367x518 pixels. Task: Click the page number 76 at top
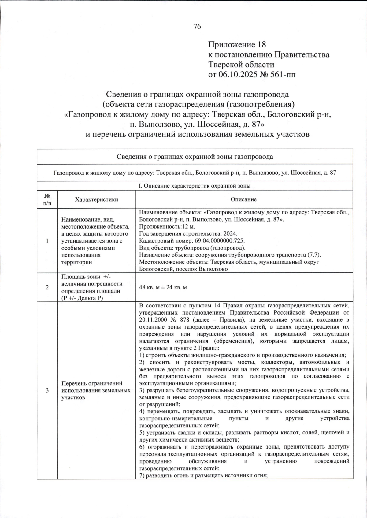(197, 27)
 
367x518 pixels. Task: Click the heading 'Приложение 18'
(237, 45)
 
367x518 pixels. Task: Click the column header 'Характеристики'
(96, 199)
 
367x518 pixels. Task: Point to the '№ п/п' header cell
(47, 199)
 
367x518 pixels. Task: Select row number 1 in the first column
(47, 241)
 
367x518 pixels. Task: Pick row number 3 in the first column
(47, 390)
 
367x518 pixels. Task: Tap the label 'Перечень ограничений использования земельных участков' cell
(96, 390)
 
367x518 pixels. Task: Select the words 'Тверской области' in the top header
(241, 65)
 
